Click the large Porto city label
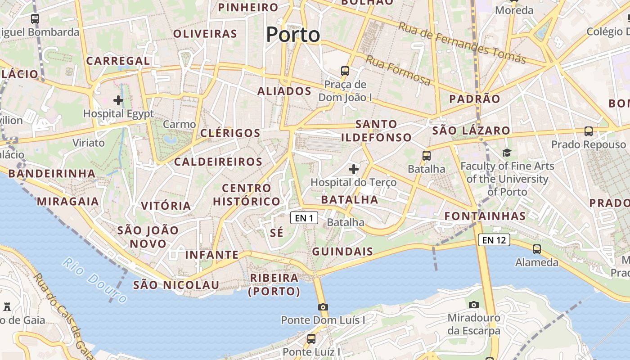point(293,35)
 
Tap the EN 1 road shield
point(304,218)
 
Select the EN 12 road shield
point(494,240)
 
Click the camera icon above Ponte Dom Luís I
point(323,307)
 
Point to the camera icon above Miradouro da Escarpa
point(473,305)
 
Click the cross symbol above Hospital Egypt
point(118,100)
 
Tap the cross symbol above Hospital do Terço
point(354,169)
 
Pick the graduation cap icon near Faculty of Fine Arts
point(507,153)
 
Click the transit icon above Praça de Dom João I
point(345,71)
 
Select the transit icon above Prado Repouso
point(589,131)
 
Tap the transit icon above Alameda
point(537,249)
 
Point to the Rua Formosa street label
point(398,70)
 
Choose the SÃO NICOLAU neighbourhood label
point(176,285)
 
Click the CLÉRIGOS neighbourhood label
point(230,133)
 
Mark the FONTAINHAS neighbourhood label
point(485,216)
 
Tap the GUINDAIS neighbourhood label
point(342,252)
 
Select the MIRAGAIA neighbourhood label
point(67,201)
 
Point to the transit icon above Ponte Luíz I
point(311,338)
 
